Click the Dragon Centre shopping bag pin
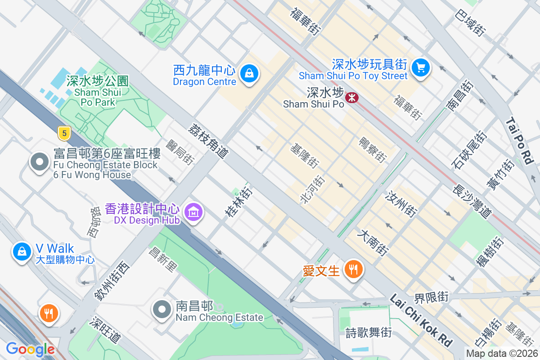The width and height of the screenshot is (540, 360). point(248,73)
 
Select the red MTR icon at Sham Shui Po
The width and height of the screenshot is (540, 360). point(351,97)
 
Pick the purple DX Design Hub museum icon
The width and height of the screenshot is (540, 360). point(194,211)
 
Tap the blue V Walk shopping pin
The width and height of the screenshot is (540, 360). point(22,252)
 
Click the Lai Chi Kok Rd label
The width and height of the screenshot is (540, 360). point(421,320)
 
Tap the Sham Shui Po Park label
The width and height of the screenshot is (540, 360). point(95,91)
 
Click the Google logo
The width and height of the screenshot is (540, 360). point(30,349)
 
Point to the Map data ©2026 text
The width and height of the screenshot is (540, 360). point(501,354)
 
